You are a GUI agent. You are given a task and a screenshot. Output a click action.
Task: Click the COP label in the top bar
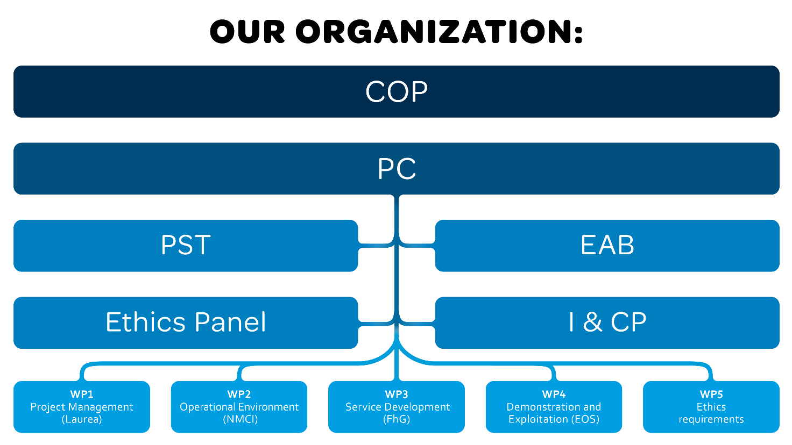coord(397,92)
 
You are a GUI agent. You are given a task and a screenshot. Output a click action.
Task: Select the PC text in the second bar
coord(397,169)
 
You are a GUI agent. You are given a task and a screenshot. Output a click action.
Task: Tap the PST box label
coord(186,245)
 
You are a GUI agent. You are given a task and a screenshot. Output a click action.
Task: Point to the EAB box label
coord(607,245)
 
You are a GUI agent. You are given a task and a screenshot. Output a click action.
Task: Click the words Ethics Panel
coord(186,322)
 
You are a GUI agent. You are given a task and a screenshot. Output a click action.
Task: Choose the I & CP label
coord(607,322)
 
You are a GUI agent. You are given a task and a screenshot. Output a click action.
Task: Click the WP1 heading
coord(82,394)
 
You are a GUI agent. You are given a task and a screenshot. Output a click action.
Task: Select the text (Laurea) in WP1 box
coord(82,419)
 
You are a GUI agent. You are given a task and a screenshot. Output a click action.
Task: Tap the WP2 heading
coord(239,394)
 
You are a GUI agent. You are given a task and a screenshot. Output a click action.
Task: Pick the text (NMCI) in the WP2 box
coord(240,419)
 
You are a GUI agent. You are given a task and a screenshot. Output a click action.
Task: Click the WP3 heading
coord(397,394)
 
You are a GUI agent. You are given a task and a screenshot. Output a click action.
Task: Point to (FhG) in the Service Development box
coord(397,419)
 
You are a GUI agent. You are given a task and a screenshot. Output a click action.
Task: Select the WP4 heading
coord(554,394)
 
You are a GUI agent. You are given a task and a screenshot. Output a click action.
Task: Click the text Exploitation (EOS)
coord(554,419)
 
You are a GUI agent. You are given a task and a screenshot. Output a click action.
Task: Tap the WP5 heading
coord(711,394)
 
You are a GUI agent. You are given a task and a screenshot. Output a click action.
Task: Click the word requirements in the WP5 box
coord(711,419)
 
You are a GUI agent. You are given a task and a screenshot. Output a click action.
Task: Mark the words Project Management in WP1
coord(82,407)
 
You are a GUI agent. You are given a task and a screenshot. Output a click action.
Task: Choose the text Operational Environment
coord(239,407)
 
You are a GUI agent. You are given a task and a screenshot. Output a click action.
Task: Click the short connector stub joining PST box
coord(371,246)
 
